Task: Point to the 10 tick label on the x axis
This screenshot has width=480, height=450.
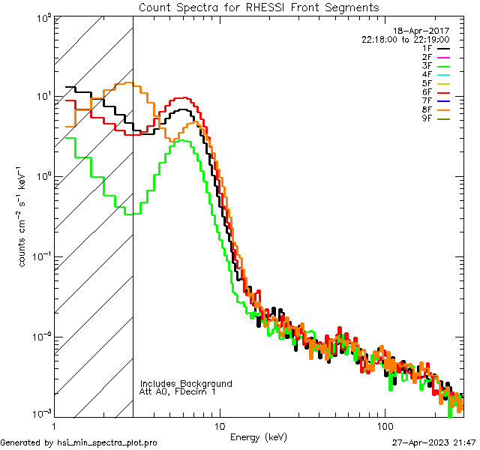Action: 219,425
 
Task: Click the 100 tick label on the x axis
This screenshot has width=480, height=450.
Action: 385,425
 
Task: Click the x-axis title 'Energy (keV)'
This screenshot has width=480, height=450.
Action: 259,436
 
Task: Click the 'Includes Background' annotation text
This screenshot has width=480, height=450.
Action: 186,383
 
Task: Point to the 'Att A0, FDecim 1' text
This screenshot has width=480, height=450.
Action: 177,391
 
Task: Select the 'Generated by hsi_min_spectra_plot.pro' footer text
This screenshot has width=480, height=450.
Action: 79,442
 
